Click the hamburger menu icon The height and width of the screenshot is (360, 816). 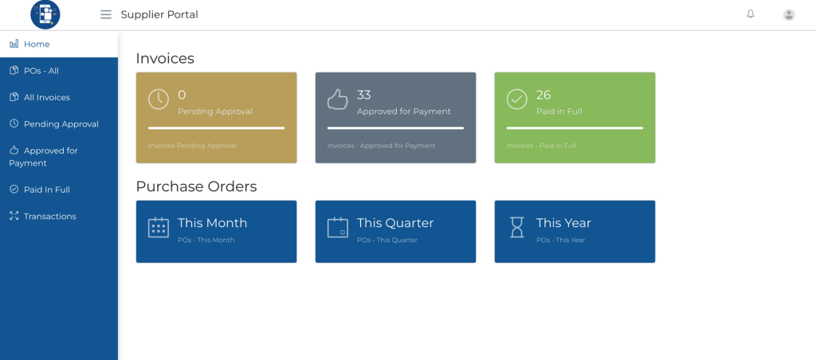point(106,14)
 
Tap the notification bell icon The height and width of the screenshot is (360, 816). point(751,14)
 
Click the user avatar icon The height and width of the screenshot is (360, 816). point(789,15)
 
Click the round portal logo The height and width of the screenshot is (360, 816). point(45,14)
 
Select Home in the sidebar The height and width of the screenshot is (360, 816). point(37,45)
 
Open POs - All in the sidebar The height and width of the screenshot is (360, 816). point(41,71)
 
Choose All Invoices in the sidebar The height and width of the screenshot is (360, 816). point(47,97)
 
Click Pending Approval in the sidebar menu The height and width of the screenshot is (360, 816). point(61,124)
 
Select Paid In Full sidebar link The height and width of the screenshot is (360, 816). point(47,190)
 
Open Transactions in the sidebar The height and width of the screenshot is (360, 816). point(50,217)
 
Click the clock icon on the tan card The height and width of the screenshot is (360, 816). point(159,100)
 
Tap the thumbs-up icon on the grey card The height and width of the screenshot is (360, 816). point(338,100)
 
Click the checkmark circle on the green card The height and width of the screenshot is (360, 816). point(516,100)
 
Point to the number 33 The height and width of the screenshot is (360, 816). point(363,95)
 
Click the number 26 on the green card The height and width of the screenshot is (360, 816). point(543,95)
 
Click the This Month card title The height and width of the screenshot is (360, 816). point(212,223)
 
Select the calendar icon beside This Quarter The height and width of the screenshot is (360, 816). point(338,227)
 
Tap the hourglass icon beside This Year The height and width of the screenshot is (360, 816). point(516,227)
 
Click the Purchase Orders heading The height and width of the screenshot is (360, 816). point(196,186)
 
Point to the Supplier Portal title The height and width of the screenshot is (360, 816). point(159,14)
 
